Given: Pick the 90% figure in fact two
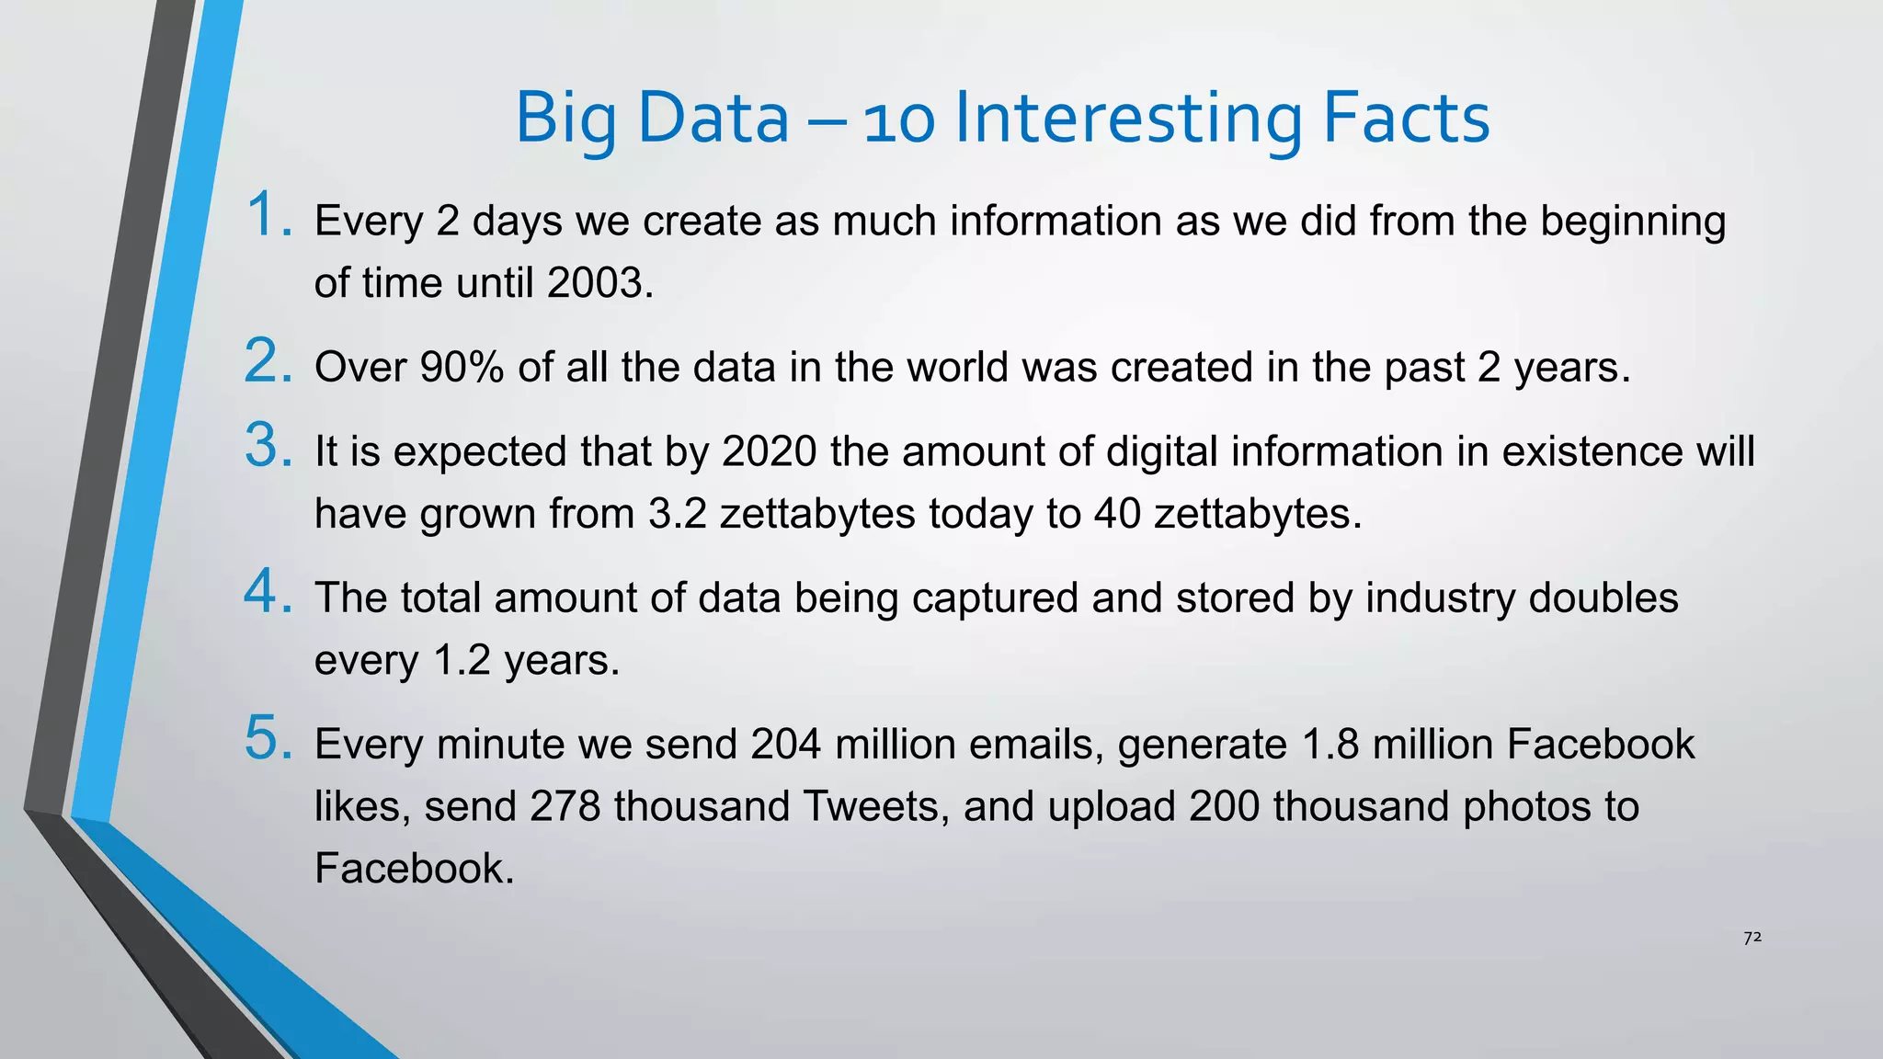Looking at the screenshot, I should pos(462,368).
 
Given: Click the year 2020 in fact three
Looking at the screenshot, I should pos(770,452).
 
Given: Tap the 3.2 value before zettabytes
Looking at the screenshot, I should pos(677,514).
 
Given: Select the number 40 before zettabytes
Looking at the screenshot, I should pos(1117,514).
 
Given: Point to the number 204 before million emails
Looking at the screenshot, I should pos(785,745).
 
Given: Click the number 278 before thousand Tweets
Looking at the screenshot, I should pos(565,806).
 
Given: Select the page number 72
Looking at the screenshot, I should pos(1752,938).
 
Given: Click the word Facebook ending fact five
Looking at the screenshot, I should pos(414,869).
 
